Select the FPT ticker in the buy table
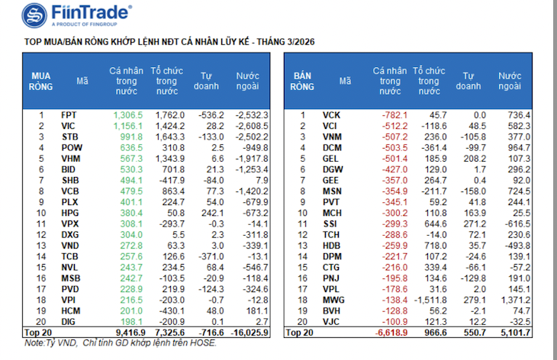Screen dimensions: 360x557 (69, 114)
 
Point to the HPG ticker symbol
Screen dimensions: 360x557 (69, 213)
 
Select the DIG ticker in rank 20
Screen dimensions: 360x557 (69, 323)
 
